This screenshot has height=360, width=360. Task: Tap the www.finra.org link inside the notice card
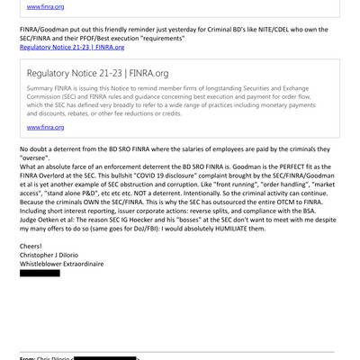[46, 128]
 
